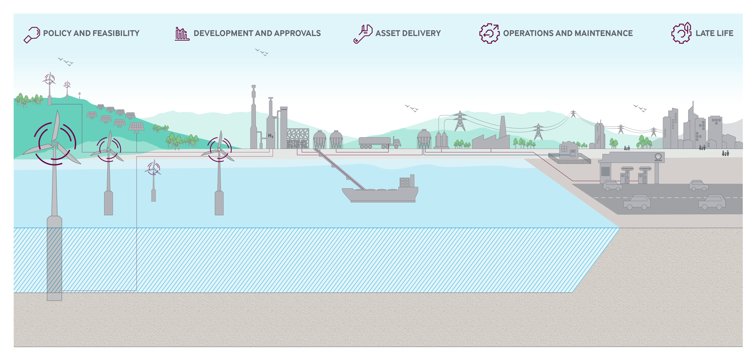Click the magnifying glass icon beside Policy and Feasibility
point(32,34)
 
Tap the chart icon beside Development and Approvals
point(182,34)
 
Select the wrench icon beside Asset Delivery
point(363,34)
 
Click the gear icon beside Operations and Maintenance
point(489,33)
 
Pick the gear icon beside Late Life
point(681,33)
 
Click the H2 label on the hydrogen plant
point(270,136)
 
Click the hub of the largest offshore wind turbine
point(55,144)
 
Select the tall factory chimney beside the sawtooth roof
point(503,127)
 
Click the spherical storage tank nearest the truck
point(336,139)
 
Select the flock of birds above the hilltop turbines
point(66,61)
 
